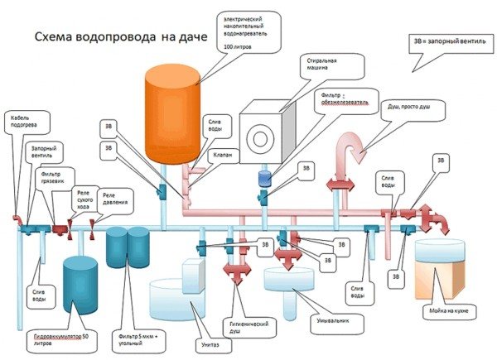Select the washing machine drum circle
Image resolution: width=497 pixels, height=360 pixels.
[x=264, y=137]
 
